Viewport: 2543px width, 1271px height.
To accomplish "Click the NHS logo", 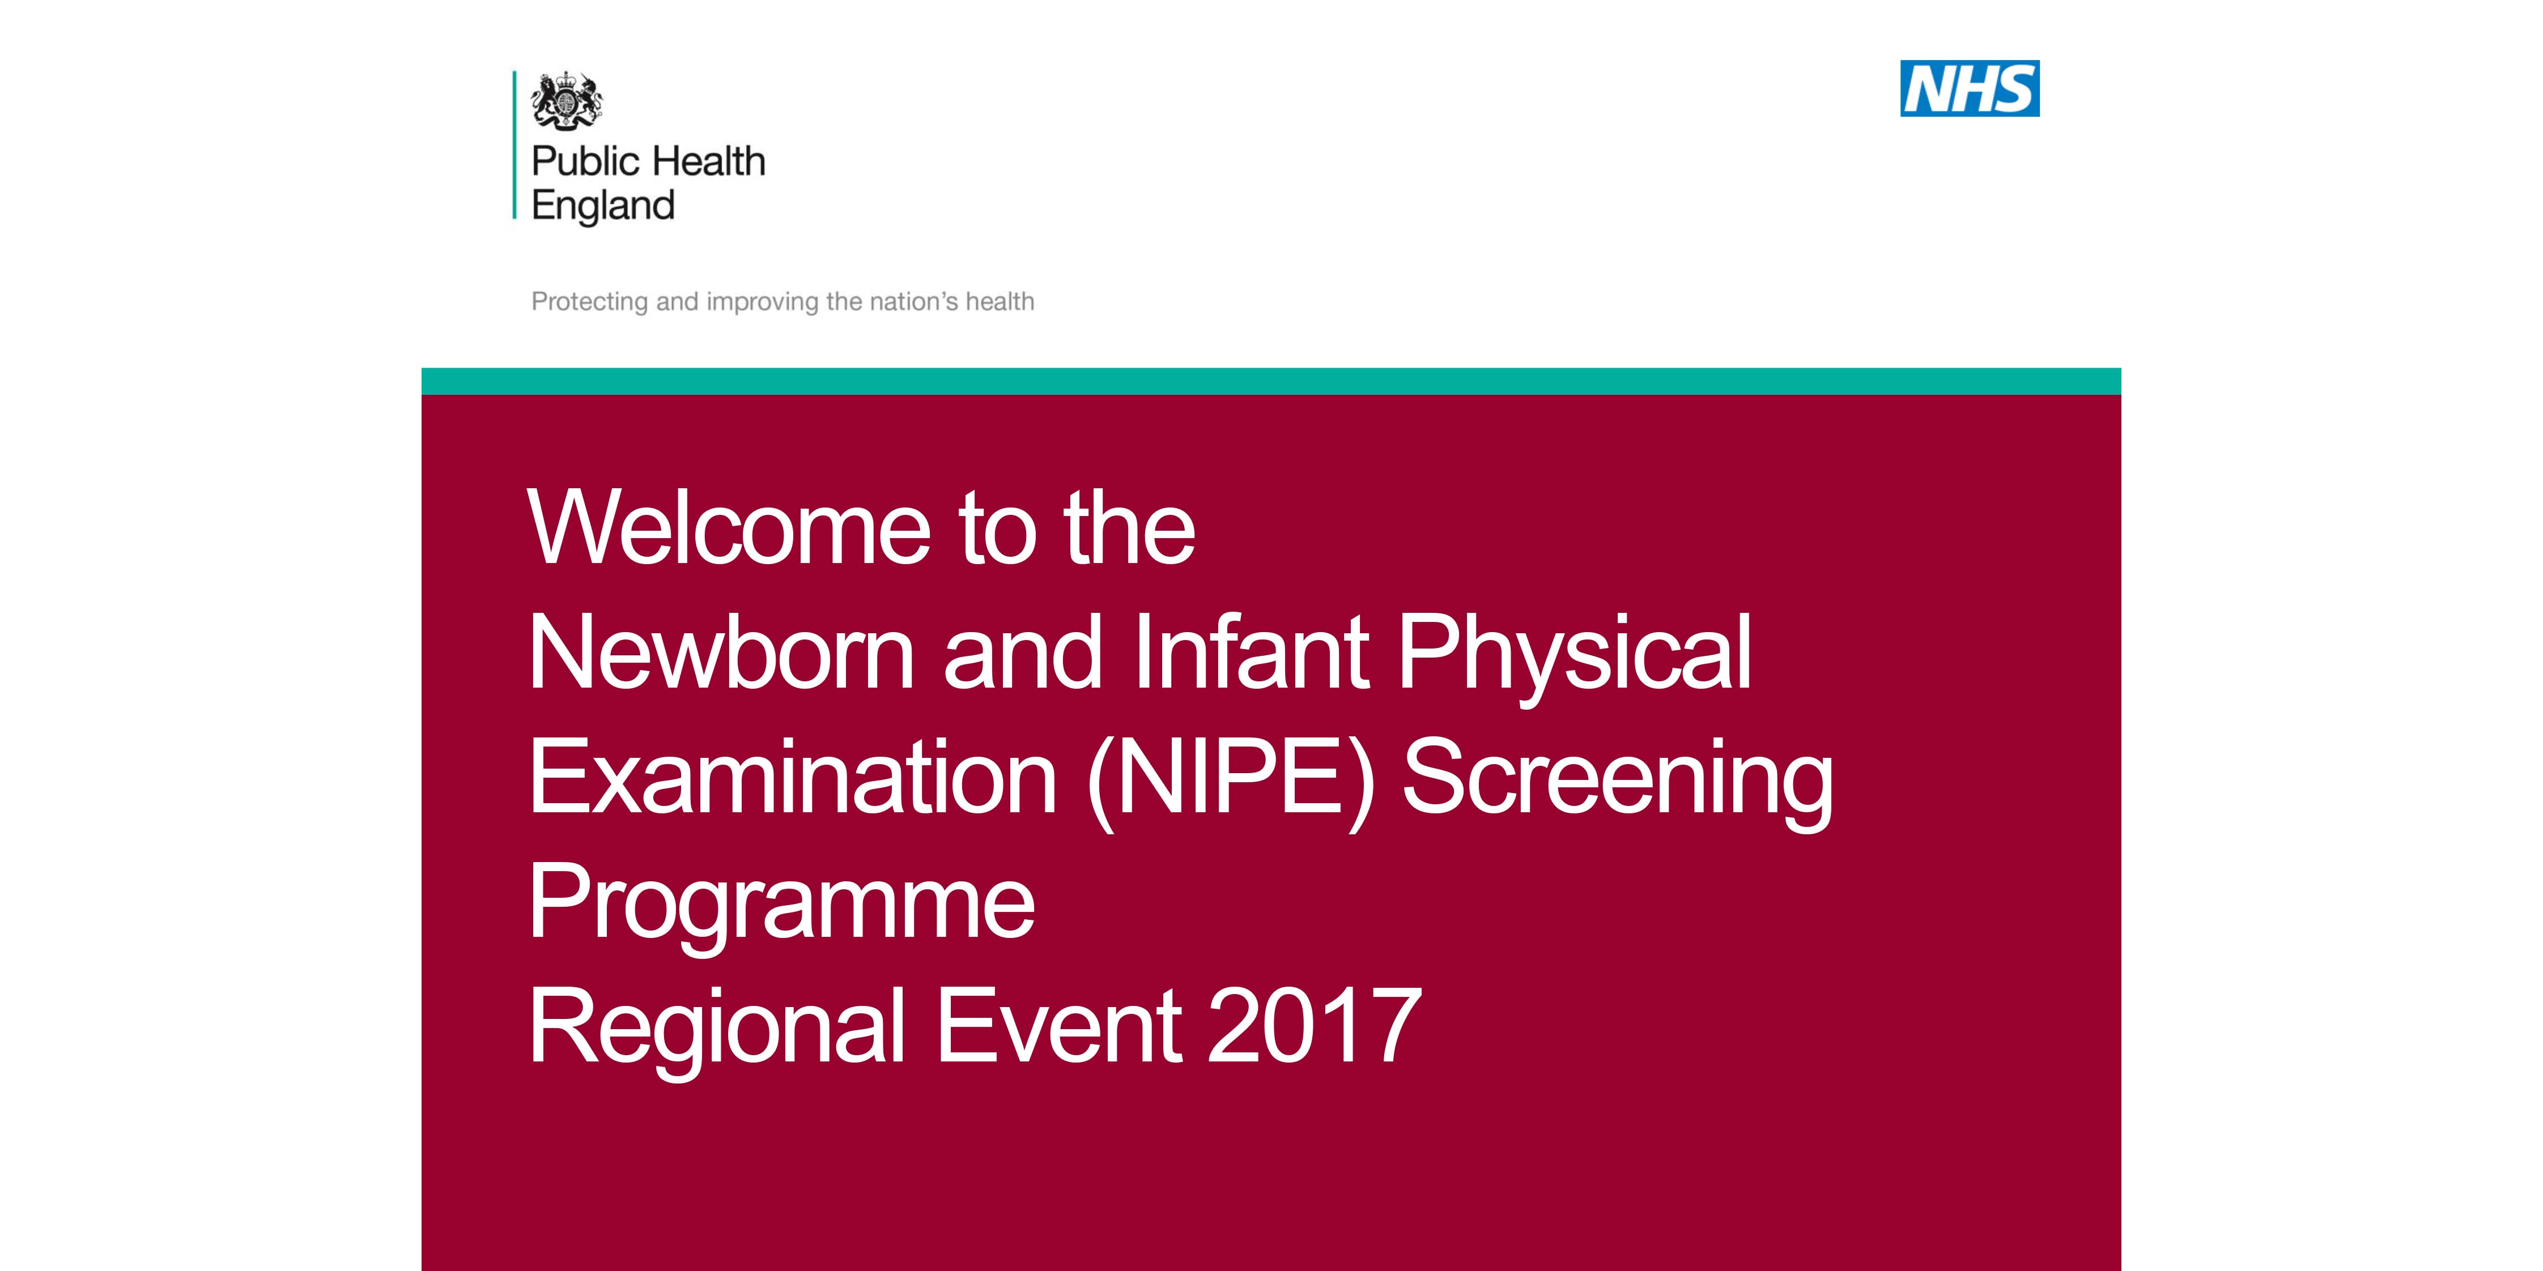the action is coord(1970,89).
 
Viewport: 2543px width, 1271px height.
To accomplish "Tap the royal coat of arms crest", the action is coord(567,100).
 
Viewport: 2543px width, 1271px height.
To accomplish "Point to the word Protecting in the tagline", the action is coord(590,302).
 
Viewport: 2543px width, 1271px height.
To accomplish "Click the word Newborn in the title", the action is coord(722,652).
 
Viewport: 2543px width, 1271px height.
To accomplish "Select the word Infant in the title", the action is coord(1251,652).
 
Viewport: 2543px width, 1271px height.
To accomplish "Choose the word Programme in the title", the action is coord(782,906).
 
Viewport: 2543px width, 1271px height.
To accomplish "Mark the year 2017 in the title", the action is coord(1314,1026).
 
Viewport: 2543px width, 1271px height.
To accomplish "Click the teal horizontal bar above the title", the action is coord(1271,381).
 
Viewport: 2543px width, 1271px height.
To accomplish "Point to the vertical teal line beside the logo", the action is coord(514,144).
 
